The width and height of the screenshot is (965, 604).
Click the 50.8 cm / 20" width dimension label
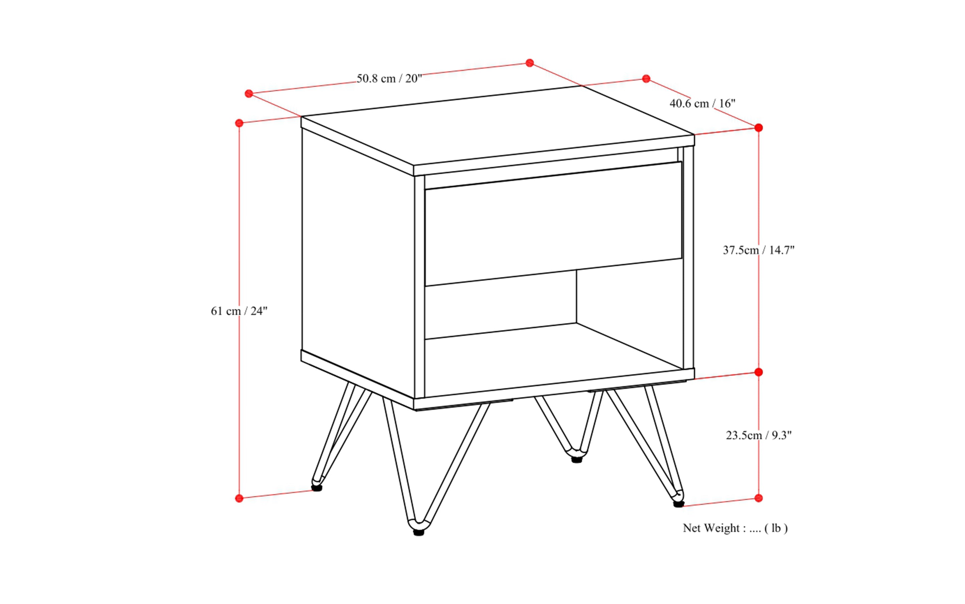point(389,78)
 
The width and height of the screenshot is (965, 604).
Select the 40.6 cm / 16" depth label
point(702,103)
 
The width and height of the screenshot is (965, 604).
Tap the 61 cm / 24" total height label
point(239,311)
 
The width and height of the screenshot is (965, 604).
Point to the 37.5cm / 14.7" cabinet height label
point(758,250)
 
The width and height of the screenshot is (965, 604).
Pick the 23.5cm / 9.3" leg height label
point(758,435)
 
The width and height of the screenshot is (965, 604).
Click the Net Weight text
point(735,528)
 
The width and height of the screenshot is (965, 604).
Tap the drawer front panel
point(553,224)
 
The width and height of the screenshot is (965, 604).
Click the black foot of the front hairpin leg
point(418,533)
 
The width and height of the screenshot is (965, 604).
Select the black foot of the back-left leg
point(317,488)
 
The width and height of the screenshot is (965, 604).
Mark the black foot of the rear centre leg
point(576,460)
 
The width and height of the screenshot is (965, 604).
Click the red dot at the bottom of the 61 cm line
point(239,498)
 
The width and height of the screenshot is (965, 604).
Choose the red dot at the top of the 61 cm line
point(239,123)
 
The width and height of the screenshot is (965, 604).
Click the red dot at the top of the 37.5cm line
point(758,128)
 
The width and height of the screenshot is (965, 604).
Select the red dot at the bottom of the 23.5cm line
point(758,498)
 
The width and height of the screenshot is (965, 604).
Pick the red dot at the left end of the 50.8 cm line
point(249,94)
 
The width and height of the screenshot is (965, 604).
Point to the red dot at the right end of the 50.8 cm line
point(530,63)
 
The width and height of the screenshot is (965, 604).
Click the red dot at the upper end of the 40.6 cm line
point(646,79)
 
